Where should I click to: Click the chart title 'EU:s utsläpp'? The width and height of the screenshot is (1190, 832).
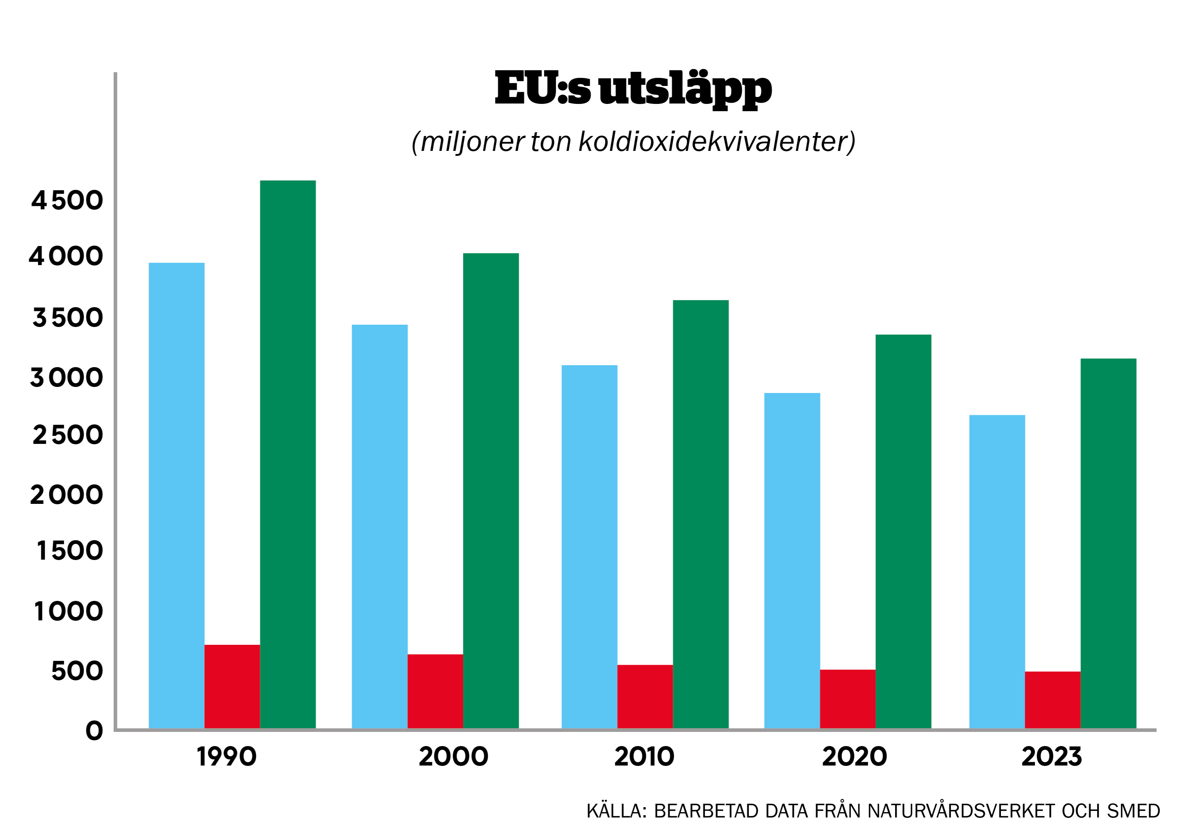coord(633,89)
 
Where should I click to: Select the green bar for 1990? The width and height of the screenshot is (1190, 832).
coord(288,454)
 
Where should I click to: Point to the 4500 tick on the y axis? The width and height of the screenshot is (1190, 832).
coord(67,200)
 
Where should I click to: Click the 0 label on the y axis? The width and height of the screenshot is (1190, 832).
coord(94,730)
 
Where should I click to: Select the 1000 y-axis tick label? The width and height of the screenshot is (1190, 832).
coord(68,611)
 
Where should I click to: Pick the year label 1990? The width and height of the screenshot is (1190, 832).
coord(226,756)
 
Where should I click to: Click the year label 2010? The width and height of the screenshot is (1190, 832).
coord(644,756)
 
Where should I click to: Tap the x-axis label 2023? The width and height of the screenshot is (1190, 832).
coord(1052,756)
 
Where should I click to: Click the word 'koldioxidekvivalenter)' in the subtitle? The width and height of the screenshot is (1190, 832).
coord(717,141)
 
